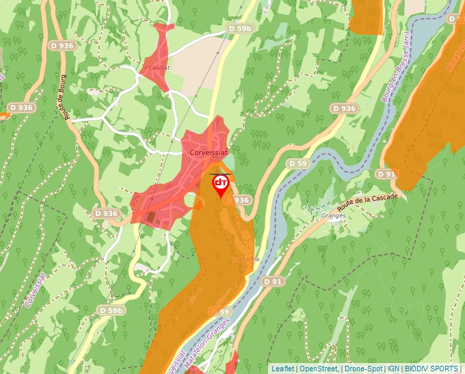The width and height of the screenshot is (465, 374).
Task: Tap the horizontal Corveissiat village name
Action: click(209, 154)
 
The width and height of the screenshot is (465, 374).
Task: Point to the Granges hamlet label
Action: click(334, 215)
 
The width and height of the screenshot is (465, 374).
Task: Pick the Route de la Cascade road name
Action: click(367, 202)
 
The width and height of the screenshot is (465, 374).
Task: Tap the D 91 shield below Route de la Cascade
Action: click(387, 174)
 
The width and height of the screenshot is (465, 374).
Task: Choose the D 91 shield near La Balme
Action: click(273, 281)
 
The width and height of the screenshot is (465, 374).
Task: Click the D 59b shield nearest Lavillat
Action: click(240, 29)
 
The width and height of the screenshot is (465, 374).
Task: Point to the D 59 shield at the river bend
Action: click(297, 164)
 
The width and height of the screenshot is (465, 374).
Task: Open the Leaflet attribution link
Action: click(282, 369)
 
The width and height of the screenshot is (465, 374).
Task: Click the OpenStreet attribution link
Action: click(319, 369)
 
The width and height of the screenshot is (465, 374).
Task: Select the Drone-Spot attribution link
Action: click(362, 369)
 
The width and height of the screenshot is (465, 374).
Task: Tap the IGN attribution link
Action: click(393, 369)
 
